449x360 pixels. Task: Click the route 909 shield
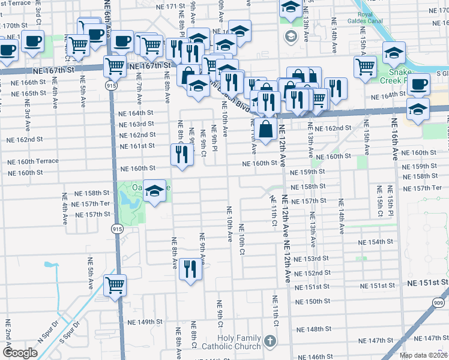coord(440,304)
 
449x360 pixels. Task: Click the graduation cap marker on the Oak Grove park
coord(155,191)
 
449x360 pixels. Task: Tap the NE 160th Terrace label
coord(33,161)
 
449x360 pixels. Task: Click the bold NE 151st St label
coord(427,282)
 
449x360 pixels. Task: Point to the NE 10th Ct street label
coord(242,239)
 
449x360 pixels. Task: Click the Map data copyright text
coord(423,355)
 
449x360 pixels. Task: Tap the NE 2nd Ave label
coord(8,341)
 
